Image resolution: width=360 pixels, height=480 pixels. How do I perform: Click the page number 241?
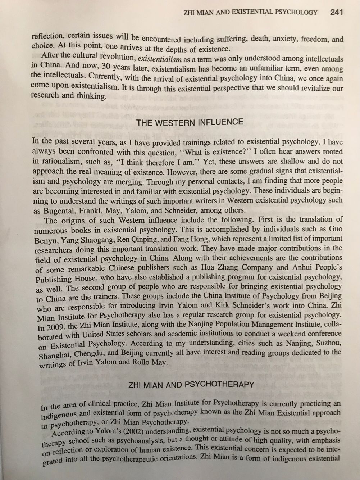click(x=336, y=12)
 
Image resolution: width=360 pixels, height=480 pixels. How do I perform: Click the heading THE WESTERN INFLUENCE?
click(x=190, y=122)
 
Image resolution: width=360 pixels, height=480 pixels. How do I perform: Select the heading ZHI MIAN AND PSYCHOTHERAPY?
click(x=191, y=385)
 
